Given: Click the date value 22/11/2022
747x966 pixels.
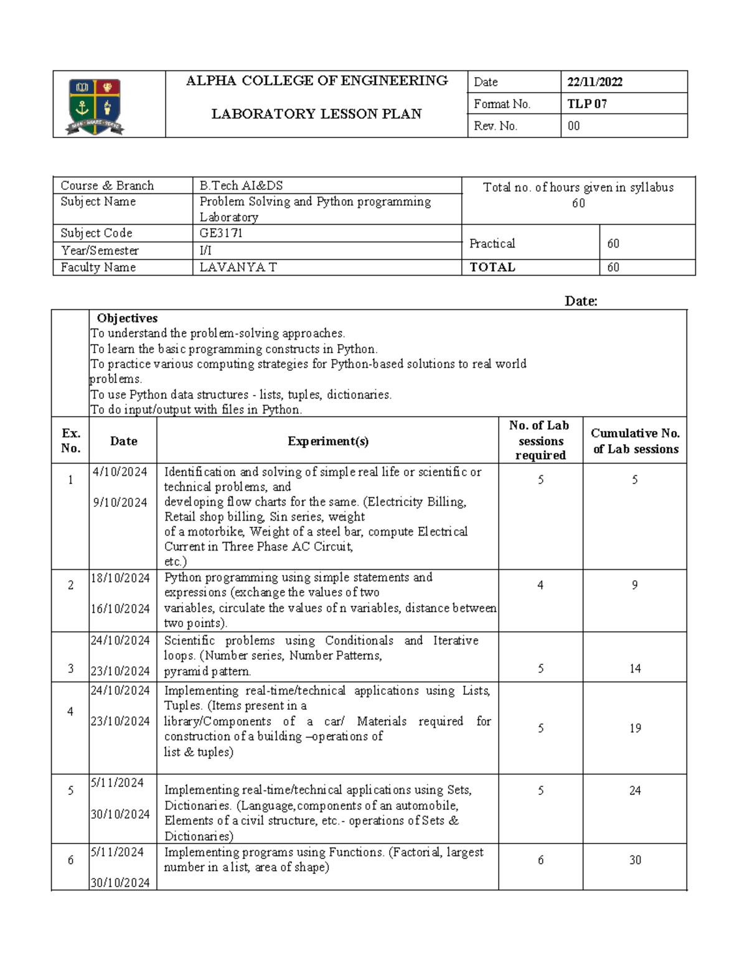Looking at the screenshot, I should tap(594, 82).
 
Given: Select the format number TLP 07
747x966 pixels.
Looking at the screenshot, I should tap(586, 104).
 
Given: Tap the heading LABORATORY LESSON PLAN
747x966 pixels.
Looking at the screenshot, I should tap(316, 114).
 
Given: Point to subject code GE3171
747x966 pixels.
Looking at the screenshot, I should tap(221, 233).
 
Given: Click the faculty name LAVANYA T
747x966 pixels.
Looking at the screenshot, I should tap(238, 267).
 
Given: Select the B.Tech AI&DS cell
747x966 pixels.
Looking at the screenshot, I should tap(241, 185).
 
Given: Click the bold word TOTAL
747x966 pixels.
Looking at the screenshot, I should tap(492, 267).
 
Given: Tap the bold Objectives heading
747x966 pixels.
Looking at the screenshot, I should tap(127, 318).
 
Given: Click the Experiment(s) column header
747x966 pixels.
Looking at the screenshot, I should tap(328, 441).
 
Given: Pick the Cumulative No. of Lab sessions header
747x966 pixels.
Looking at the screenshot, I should tap(635, 441).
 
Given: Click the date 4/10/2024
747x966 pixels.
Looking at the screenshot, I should tap(120, 472).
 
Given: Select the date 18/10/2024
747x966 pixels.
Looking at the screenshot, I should tap(120, 578).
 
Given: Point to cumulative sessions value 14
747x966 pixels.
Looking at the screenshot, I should tap(635, 669).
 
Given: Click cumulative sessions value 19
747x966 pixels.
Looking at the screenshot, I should tap(635, 728).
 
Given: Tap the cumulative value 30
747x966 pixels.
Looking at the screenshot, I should tap(635, 860).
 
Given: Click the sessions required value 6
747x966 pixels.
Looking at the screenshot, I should tap(540, 860).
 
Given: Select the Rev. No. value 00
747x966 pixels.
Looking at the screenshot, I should tap(573, 126).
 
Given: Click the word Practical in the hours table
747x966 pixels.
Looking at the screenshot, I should tap(492, 244).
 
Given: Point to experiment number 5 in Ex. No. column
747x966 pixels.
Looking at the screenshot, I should tap(70, 791).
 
